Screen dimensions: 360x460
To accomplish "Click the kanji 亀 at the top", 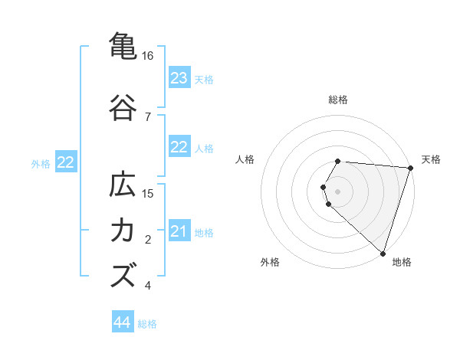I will point(123,45).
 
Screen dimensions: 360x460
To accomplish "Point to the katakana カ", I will point(123,231).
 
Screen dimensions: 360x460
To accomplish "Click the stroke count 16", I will point(148,56).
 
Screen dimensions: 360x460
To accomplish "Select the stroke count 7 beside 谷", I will point(147,117).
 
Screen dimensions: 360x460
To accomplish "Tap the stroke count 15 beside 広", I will point(148,194).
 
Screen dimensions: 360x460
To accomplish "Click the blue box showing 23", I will point(179,78).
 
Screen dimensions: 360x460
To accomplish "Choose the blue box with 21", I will point(179,231).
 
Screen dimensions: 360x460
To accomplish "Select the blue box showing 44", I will point(123,322).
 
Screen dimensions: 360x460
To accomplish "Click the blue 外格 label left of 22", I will point(41,163).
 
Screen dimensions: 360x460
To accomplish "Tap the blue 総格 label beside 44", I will point(147,324).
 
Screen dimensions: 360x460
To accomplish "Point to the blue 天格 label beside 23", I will point(204,79).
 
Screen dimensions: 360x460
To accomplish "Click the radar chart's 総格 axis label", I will point(338,100).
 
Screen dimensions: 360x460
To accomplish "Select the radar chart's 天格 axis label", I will point(431,159).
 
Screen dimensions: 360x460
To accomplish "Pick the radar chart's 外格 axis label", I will point(270,262).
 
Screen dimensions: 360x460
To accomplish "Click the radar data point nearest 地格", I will point(382,253).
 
